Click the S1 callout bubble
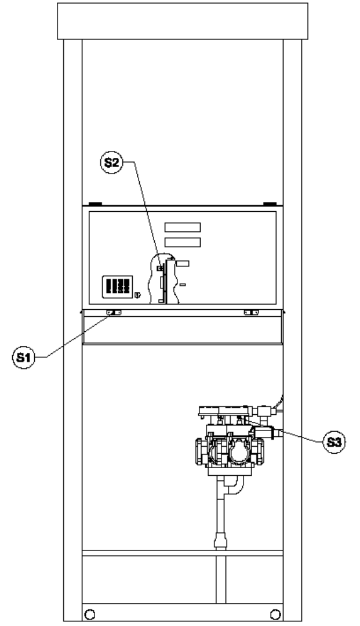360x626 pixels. [x=24, y=357]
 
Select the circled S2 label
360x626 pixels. [x=111, y=162]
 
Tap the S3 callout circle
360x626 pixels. [x=334, y=442]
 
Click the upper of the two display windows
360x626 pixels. [x=183, y=227]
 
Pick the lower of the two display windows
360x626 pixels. [x=183, y=243]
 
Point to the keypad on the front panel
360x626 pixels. [x=117, y=287]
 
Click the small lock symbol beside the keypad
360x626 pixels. [x=138, y=295]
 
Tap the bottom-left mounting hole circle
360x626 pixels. [x=90, y=614]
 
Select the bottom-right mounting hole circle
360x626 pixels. [x=275, y=614]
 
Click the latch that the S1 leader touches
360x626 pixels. [x=114, y=313]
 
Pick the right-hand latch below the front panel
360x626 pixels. [x=251, y=313]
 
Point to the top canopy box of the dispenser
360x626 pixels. [x=183, y=21]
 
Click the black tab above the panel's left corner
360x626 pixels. [x=95, y=204]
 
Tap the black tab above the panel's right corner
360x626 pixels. [x=270, y=204]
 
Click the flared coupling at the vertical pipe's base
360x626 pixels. [x=220, y=540]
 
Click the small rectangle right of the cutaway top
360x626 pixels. [x=183, y=263]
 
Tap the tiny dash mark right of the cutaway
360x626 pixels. [x=183, y=285]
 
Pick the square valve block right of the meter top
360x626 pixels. [x=264, y=411]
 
